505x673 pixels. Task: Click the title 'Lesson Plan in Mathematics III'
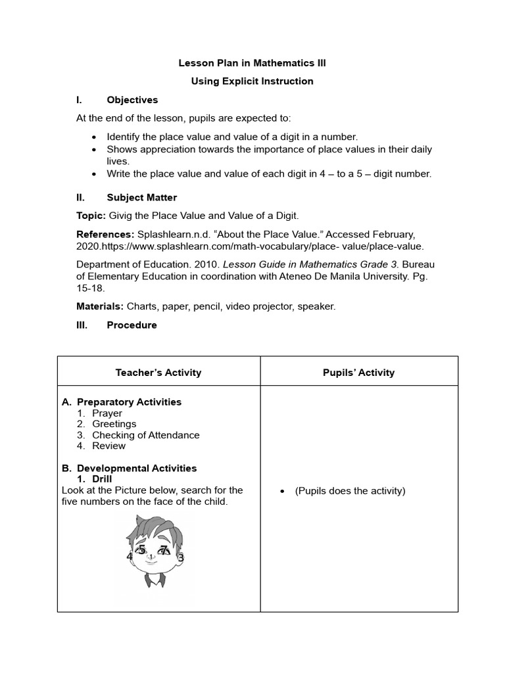tap(252, 63)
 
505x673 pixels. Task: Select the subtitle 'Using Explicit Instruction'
tap(252, 81)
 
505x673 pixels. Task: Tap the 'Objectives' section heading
tap(132, 100)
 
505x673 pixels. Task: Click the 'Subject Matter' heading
tap(141, 197)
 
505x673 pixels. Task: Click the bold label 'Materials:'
tap(101, 306)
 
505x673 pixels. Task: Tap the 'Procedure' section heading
tap(132, 325)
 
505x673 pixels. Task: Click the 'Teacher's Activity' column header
tap(158, 373)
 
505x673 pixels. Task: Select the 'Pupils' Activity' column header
tap(359, 373)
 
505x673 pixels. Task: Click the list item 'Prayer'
tap(107, 413)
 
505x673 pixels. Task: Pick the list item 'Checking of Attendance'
tap(145, 435)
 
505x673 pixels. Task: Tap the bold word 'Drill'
tap(102, 479)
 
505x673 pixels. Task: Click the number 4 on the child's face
tap(130, 556)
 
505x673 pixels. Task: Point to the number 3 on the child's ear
tap(181, 558)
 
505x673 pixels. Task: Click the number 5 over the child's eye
tap(141, 549)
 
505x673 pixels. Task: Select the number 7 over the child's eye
tap(164, 551)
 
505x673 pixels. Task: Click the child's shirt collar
tap(155, 582)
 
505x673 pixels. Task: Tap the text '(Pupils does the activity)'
tap(350, 491)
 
